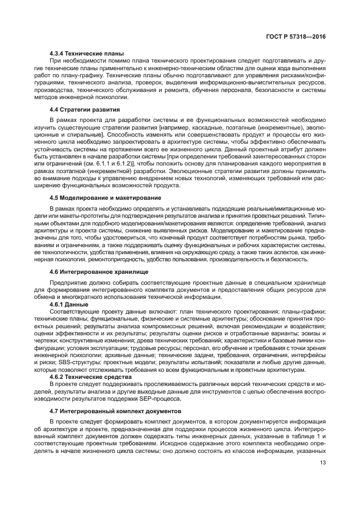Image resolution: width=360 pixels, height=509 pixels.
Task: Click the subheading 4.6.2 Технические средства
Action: point(90,376)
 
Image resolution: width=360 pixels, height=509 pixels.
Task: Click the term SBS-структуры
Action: point(83,362)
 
